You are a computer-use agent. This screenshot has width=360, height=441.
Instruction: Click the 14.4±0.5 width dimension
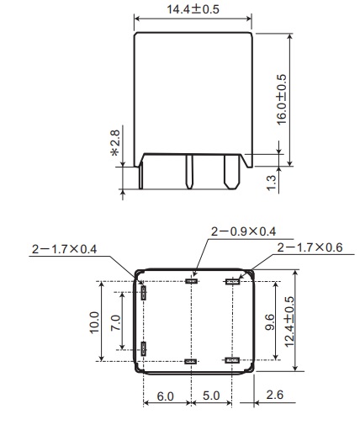(193, 9)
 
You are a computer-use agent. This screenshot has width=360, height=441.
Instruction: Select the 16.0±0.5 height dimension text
(282, 99)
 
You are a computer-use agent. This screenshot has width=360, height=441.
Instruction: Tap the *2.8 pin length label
(115, 143)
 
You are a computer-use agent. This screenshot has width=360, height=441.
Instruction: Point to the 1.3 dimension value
(272, 183)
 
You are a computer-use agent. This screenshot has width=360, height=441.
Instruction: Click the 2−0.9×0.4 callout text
(243, 231)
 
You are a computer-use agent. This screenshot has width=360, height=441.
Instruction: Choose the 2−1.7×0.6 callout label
(310, 247)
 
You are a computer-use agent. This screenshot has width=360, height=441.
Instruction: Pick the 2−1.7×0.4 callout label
(65, 249)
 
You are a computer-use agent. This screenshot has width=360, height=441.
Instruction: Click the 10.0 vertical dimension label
(94, 322)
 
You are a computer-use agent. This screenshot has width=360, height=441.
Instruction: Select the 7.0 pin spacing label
(115, 323)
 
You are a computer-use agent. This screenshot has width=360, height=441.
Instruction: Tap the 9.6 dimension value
(269, 322)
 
